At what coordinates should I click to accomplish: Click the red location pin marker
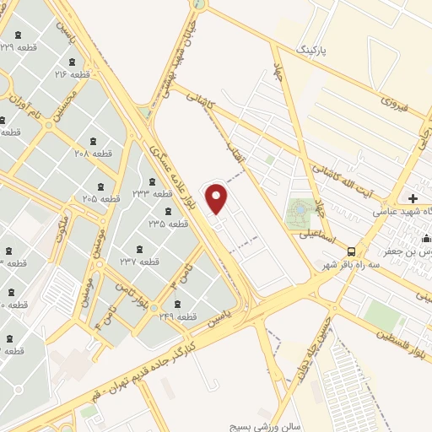click(218, 199)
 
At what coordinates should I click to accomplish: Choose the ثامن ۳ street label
click(178, 275)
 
